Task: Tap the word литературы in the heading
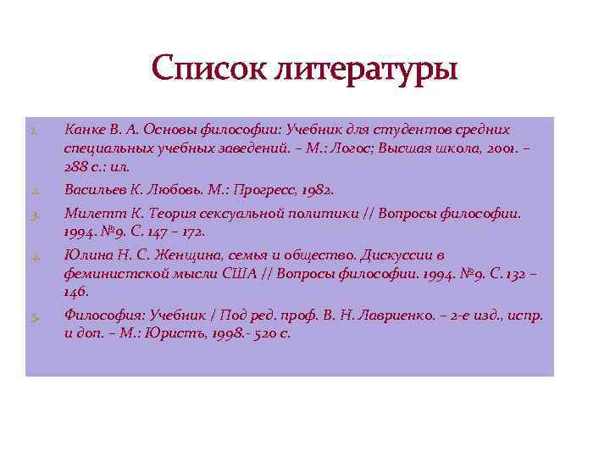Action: click(x=366, y=69)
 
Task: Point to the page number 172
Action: click(x=191, y=231)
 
